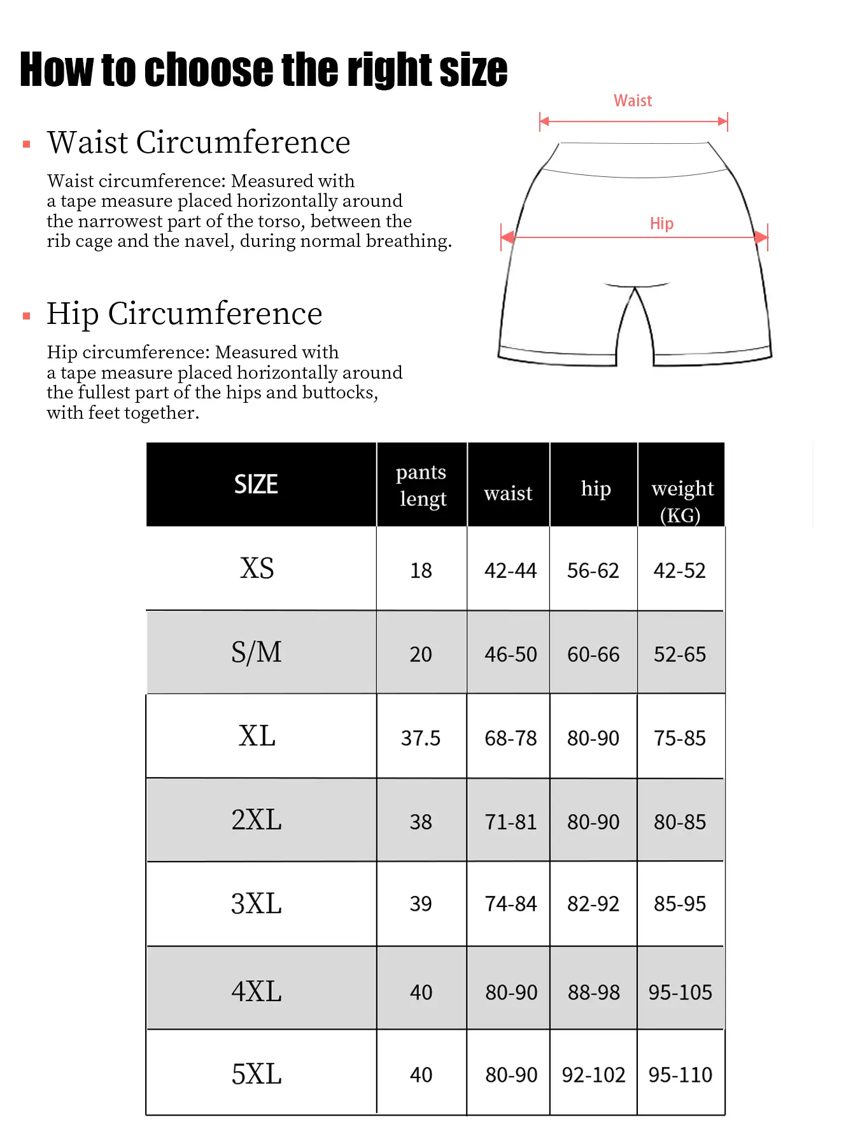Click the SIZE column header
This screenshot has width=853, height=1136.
tap(256, 484)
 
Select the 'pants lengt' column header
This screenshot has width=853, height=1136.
tap(421, 485)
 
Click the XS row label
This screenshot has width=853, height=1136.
tap(257, 568)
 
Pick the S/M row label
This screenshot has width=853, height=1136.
tap(257, 652)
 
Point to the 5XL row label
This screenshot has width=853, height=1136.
tap(257, 1074)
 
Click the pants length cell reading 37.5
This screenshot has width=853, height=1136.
tap(420, 738)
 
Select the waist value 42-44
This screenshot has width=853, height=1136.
tap(511, 570)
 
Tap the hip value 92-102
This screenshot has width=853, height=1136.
tap(593, 1075)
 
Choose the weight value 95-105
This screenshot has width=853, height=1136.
tap(680, 992)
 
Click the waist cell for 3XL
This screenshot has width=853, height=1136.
tap(511, 904)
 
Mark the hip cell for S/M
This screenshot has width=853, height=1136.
tap(593, 654)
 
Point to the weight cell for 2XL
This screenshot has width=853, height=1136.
tap(680, 822)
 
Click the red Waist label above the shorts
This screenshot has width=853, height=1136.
tap(633, 101)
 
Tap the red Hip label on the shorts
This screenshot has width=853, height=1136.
tap(661, 223)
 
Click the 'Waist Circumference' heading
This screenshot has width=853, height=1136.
tap(199, 142)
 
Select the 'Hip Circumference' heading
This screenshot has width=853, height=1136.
tap(185, 313)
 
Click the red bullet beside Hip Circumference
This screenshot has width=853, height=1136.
tap(27, 316)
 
